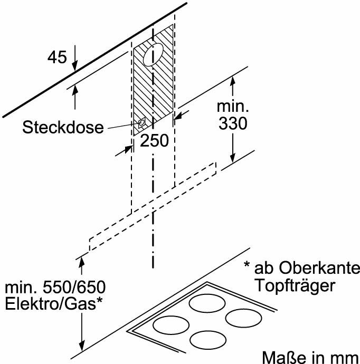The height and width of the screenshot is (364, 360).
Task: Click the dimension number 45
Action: pyautogui.click(x=57, y=57)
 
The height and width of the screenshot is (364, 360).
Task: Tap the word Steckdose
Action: pyautogui.click(x=63, y=127)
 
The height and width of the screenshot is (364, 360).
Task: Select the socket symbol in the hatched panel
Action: pyautogui.click(x=141, y=122)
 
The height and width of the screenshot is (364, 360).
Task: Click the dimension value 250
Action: pyautogui.click(x=154, y=140)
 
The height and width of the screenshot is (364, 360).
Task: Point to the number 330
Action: pyautogui.click(x=233, y=123)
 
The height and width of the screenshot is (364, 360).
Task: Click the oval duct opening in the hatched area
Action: pyautogui.click(x=153, y=55)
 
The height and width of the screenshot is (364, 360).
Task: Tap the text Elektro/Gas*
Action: pyautogui.click(x=54, y=304)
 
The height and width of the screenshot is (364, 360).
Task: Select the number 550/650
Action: pyautogui.click(x=74, y=287)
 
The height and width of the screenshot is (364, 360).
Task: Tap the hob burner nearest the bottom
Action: pyautogui.click(x=208, y=340)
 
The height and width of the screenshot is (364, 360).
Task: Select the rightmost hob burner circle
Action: pyautogui.click(x=244, y=318)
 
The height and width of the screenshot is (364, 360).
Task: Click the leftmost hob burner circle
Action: pyautogui.click(x=171, y=324)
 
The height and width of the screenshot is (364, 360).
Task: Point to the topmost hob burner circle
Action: pyautogui.click(x=207, y=303)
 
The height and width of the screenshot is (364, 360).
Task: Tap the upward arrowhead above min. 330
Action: pyautogui.click(x=233, y=81)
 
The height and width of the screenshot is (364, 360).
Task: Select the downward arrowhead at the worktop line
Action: pyautogui.click(x=81, y=346)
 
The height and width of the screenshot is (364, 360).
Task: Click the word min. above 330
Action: pyautogui.click(x=233, y=107)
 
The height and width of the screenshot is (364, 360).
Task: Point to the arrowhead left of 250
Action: pyautogui.click(x=128, y=149)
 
